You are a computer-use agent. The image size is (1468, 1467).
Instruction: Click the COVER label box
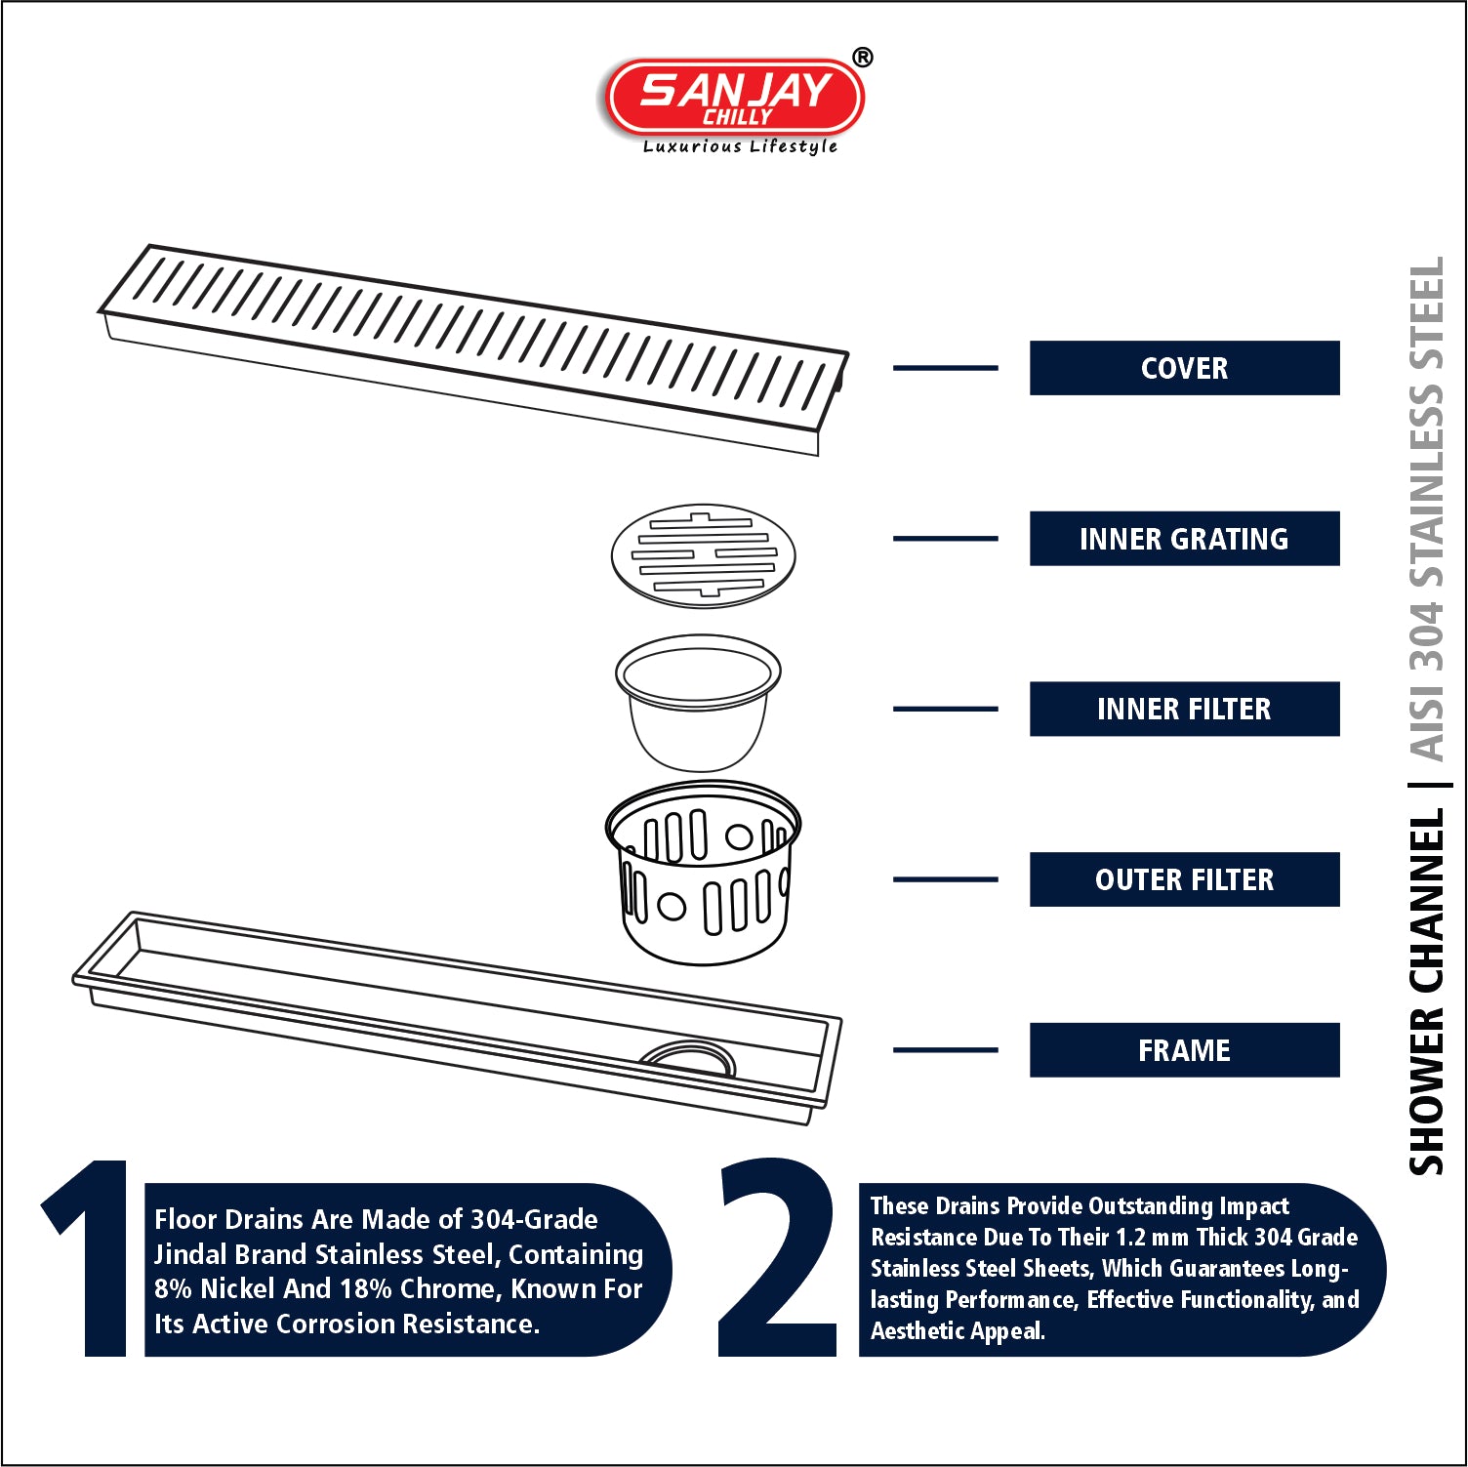(x=1184, y=368)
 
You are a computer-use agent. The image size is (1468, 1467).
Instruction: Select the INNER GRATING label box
(x=1184, y=539)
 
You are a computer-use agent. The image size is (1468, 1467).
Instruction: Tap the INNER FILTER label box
(x=1184, y=709)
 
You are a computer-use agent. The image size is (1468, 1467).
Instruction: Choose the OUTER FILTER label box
(x=1184, y=879)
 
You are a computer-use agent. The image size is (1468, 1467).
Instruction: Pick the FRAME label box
(x=1184, y=1050)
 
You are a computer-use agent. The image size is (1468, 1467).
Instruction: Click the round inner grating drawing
(x=703, y=555)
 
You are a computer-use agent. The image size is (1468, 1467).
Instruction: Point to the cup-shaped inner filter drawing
(x=698, y=703)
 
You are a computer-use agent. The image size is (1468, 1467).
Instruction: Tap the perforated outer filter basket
(x=703, y=874)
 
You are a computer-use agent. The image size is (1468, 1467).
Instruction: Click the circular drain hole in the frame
(x=687, y=1056)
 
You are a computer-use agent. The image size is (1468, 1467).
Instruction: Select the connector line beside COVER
(x=945, y=368)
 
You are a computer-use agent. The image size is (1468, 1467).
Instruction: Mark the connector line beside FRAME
(x=945, y=1050)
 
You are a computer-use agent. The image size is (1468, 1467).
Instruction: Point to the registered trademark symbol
(x=863, y=58)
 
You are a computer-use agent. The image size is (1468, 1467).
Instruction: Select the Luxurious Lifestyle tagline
(x=740, y=146)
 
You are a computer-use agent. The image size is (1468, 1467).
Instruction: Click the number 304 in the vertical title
(x=1426, y=637)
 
